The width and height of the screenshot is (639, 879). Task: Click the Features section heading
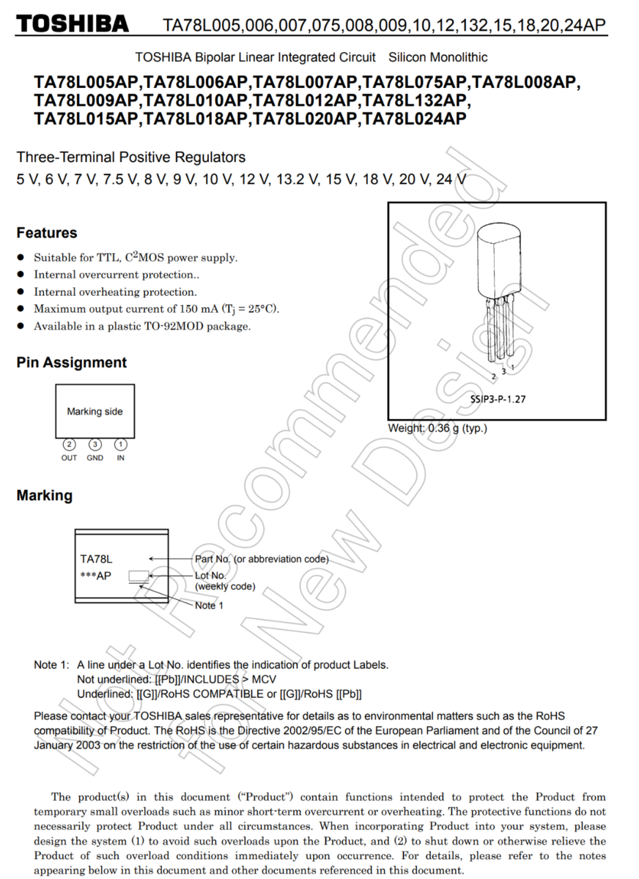[x=46, y=233]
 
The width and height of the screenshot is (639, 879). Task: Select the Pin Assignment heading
[x=71, y=363]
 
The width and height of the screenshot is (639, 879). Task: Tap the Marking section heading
[x=44, y=495]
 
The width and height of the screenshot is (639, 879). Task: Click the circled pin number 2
[x=69, y=445]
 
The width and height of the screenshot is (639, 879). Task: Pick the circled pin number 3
[x=95, y=445]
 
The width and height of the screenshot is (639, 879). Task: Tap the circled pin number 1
[x=120, y=445]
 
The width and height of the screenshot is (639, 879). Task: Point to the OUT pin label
[x=69, y=458]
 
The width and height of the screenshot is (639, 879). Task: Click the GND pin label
[x=95, y=458]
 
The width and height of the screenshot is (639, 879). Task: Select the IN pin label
[x=120, y=458]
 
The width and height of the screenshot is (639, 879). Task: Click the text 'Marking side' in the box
[x=95, y=412]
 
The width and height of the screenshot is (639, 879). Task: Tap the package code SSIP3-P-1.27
[x=498, y=399]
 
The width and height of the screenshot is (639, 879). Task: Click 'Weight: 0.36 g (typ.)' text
[x=437, y=429]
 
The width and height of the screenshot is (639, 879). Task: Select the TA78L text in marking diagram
[x=96, y=559]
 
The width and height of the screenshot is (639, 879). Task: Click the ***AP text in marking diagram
[x=96, y=576]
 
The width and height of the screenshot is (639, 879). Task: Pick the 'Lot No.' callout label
[x=211, y=576]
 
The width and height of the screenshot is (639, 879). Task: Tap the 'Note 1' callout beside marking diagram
[x=210, y=606]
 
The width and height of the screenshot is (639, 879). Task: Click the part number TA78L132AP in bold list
[x=417, y=100]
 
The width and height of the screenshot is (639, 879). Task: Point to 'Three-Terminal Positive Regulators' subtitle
[x=131, y=157]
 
